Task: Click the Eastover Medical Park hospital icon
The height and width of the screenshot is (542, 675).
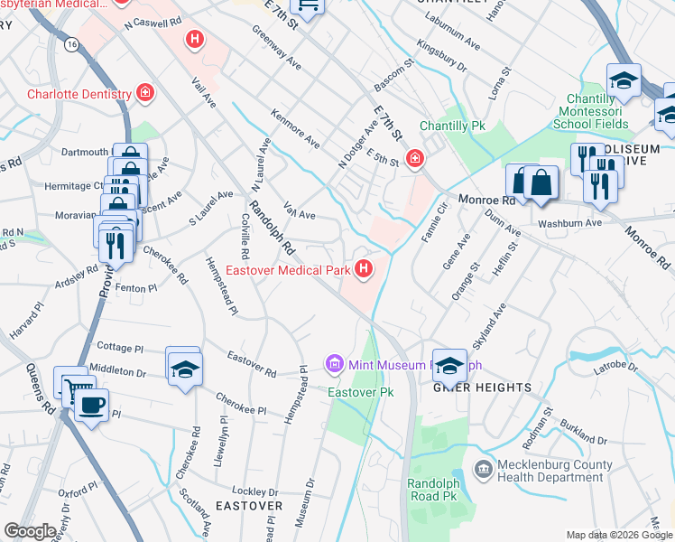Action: click(364, 269)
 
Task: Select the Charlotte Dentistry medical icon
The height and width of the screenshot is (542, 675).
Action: click(143, 93)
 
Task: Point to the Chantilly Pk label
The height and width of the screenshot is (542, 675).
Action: click(453, 126)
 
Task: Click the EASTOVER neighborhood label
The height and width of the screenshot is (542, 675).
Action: click(248, 506)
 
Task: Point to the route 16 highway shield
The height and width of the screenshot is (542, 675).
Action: click(69, 43)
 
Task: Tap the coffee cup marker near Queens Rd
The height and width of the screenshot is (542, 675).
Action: click(90, 403)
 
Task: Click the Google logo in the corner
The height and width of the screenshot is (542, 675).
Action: click(30, 531)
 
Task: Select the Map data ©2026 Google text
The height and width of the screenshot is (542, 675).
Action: click(619, 535)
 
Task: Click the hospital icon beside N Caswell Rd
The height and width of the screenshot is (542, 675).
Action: click(193, 39)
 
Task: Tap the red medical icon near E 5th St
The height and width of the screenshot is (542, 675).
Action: click(414, 159)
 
